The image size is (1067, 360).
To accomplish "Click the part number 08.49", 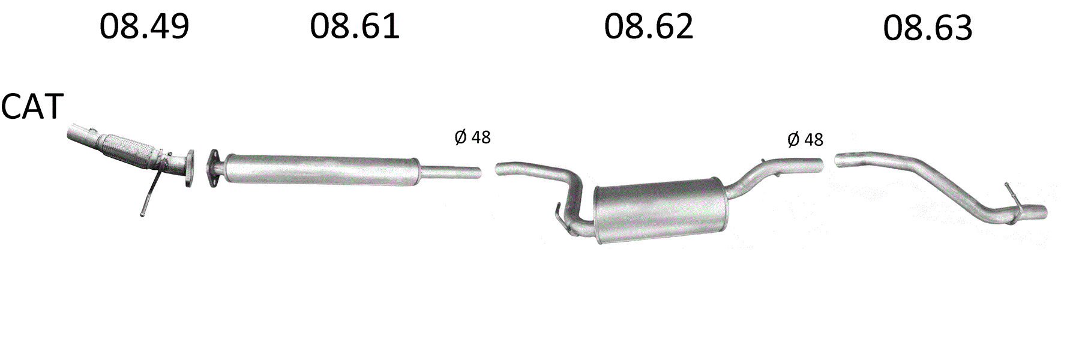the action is pos(144,27).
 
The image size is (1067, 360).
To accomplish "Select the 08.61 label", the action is pos(355,27).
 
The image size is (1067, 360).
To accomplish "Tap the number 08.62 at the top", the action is pos(649,27).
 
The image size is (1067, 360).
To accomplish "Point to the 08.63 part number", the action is pos(928,28).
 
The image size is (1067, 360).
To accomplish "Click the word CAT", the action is pos(32,107).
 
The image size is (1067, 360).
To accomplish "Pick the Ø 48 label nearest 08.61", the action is pos(472,137).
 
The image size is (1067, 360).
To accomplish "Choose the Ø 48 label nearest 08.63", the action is pos(805,140).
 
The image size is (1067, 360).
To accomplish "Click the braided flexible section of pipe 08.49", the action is pos(128,149).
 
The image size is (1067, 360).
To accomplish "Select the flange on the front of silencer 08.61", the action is pos(214,168).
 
